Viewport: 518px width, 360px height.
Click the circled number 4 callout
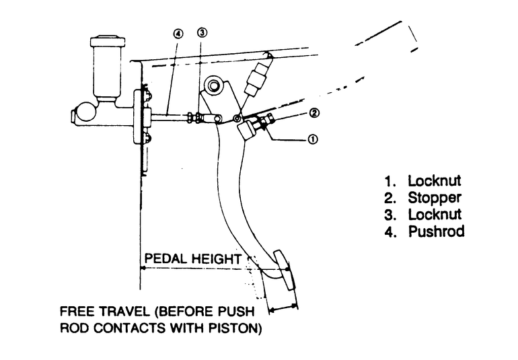coord(178,34)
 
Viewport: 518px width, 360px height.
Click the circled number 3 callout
coord(202,32)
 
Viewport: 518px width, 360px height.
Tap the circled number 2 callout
coord(314,113)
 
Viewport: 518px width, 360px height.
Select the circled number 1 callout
coord(313,139)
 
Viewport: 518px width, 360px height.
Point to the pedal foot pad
coord(283,270)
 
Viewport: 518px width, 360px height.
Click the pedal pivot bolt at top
coord(213,85)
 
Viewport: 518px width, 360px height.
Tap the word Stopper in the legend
coord(434,199)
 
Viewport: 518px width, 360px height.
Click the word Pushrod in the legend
coord(437,231)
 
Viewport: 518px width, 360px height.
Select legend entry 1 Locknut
coord(422,181)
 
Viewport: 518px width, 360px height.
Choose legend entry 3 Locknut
coord(423,215)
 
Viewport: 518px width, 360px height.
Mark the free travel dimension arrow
coord(283,308)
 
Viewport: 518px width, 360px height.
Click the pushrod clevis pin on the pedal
coord(218,118)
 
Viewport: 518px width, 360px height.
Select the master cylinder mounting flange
coord(137,117)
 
